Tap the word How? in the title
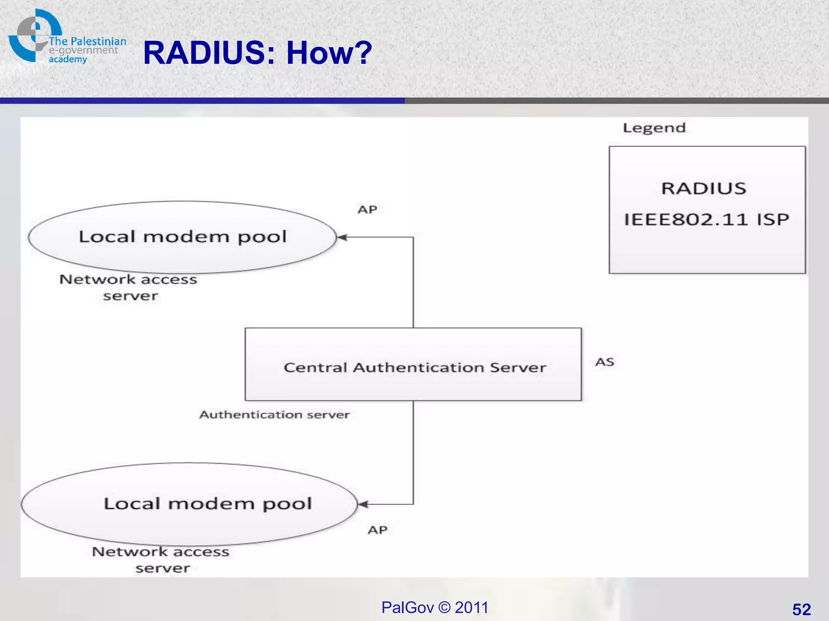[329, 53]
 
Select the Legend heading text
[654, 128]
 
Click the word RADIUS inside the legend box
[704, 188]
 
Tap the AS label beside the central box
[605, 362]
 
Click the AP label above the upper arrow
[367, 209]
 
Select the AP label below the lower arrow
[378, 530]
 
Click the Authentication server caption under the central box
[274, 415]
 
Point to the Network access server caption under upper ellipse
[129, 287]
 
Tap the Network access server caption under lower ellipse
[161, 560]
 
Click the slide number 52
[801, 609]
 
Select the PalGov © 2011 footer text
[435, 608]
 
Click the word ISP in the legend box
[773, 220]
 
